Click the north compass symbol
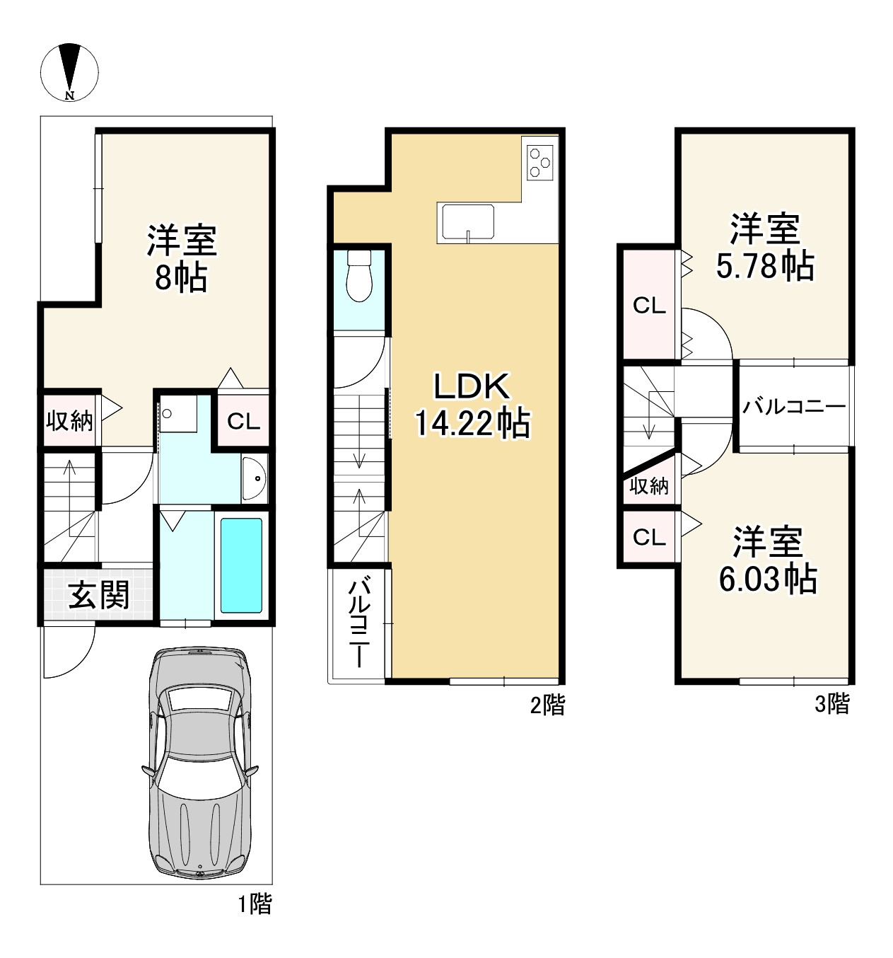click(x=69, y=71)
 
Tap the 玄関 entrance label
click(x=99, y=596)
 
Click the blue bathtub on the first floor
click(x=241, y=565)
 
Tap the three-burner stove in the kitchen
click(x=540, y=160)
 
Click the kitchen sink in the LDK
click(x=467, y=221)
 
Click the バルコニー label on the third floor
click(x=793, y=407)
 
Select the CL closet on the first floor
click(x=243, y=422)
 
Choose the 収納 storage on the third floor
click(x=649, y=486)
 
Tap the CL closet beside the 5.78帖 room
click(x=649, y=306)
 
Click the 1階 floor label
click(x=254, y=904)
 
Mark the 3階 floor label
click(x=831, y=704)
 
